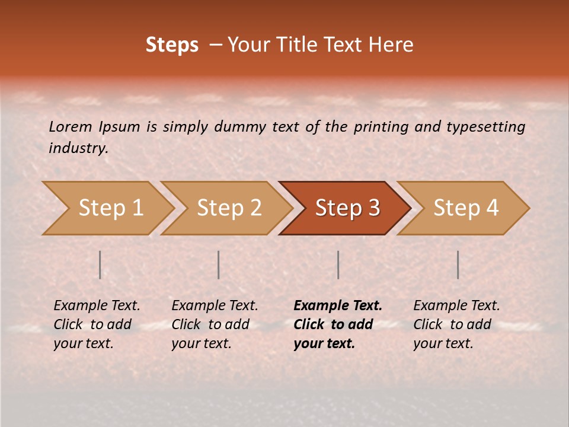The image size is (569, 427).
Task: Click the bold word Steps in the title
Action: (172, 45)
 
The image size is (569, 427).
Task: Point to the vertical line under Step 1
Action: (100, 265)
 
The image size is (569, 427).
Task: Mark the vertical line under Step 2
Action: (219, 265)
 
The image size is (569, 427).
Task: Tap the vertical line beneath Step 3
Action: (338, 265)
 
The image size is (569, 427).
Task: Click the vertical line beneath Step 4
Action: (458, 265)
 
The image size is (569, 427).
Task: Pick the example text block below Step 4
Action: (456, 324)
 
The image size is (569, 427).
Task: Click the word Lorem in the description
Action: (70, 126)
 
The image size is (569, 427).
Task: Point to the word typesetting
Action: (485, 126)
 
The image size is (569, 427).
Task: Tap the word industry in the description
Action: (78, 148)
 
